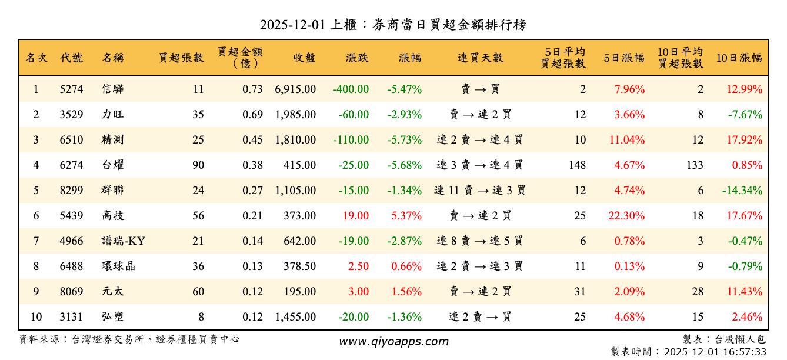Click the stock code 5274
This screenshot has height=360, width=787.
click(x=71, y=89)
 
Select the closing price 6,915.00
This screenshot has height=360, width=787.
click(x=295, y=89)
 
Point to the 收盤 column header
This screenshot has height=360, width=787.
click(x=304, y=58)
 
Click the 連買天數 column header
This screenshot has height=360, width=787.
click(x=480, y=58)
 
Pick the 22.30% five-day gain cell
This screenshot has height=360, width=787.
click(x=626, y=216)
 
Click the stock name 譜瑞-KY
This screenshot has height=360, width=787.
click(x=123, y=241)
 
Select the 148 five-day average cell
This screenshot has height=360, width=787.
click(x=577, y=165)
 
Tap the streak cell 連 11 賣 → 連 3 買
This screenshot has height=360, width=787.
click(x=480, y=191)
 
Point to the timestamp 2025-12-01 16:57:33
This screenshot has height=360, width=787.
click(x=715, y=352)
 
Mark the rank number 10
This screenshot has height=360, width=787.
click(x=36, y=317)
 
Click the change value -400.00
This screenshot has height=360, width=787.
click(x=351, y=89)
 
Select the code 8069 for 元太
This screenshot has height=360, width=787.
click(x=71, y=292)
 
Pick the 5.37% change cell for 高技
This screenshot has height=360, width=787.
click(x=406, y=216)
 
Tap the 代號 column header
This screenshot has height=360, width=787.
click(x=71, y=58)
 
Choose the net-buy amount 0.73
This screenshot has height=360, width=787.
click(x=252, y=89)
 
